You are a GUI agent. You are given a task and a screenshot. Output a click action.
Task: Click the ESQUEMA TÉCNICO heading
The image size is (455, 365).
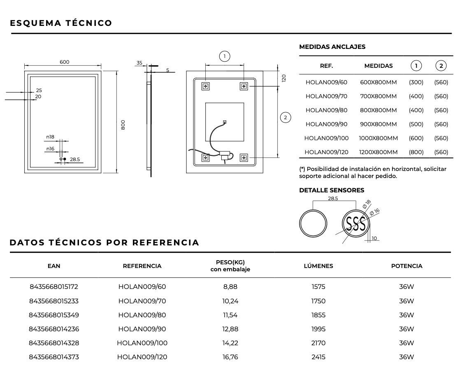[61, 23]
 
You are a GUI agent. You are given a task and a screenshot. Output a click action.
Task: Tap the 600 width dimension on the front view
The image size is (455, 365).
[65, 62]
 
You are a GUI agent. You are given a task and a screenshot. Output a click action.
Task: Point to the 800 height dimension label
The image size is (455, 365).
[123, 125]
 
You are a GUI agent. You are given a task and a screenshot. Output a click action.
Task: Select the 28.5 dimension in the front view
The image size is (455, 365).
[75, 159]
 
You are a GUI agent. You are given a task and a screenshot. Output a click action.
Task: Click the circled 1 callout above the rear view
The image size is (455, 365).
[225, 56]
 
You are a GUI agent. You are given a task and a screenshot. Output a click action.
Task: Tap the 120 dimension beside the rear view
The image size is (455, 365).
[284, 78]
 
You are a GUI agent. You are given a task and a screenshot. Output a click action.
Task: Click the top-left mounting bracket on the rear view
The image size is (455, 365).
[205, 86]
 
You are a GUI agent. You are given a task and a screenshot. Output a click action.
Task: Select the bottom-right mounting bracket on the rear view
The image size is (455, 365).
[244, 157]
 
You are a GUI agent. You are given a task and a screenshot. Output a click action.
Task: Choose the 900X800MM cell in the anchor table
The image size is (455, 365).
[378, 124]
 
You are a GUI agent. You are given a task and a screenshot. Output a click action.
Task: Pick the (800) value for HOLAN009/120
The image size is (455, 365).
[416, 152]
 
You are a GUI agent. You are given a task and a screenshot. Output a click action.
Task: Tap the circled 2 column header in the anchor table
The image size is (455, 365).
[441, 66]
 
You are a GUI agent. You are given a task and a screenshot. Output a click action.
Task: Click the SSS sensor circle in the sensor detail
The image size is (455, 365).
[356, 224]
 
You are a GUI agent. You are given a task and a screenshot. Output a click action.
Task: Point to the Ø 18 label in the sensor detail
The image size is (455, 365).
[367, 204]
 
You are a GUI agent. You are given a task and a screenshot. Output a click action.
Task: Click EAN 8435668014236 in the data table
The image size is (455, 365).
[54, 329]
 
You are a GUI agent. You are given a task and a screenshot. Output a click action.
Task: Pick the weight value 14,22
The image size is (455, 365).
[230, 343]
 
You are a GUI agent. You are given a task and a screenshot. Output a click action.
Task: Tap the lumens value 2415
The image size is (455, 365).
[318, 357]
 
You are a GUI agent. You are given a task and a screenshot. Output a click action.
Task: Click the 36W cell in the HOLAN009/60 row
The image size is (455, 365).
[406, 287]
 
